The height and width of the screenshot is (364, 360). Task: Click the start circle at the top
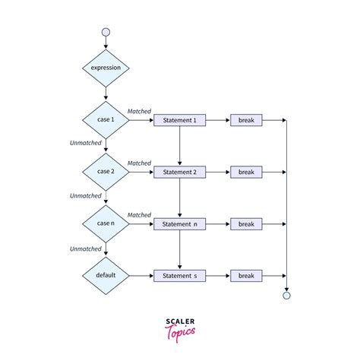point(106,32)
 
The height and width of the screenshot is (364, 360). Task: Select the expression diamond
point(106,68)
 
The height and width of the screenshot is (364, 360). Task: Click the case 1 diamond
point(106,120)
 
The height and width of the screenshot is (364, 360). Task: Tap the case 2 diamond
point(106,172)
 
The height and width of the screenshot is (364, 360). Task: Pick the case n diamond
point(106,224)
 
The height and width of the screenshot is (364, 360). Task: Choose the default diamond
point(106,276)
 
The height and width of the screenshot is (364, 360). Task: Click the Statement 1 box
point(179,120)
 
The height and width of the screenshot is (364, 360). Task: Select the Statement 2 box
point(179,173)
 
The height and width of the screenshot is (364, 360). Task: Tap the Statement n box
point(179,224)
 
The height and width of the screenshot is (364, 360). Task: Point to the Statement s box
point(179,276)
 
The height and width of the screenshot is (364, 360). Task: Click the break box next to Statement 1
point(246,120)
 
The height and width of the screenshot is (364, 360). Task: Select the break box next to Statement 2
point(246,173)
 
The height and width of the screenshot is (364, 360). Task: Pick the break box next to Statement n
point(246,224)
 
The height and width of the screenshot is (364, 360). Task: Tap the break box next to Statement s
point(246,276)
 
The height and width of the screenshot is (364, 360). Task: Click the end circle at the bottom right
point(286,296)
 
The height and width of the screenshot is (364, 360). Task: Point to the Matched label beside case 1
point(139,112)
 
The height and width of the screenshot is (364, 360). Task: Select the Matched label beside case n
point(139,215)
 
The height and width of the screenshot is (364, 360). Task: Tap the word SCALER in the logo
point(179,321)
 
